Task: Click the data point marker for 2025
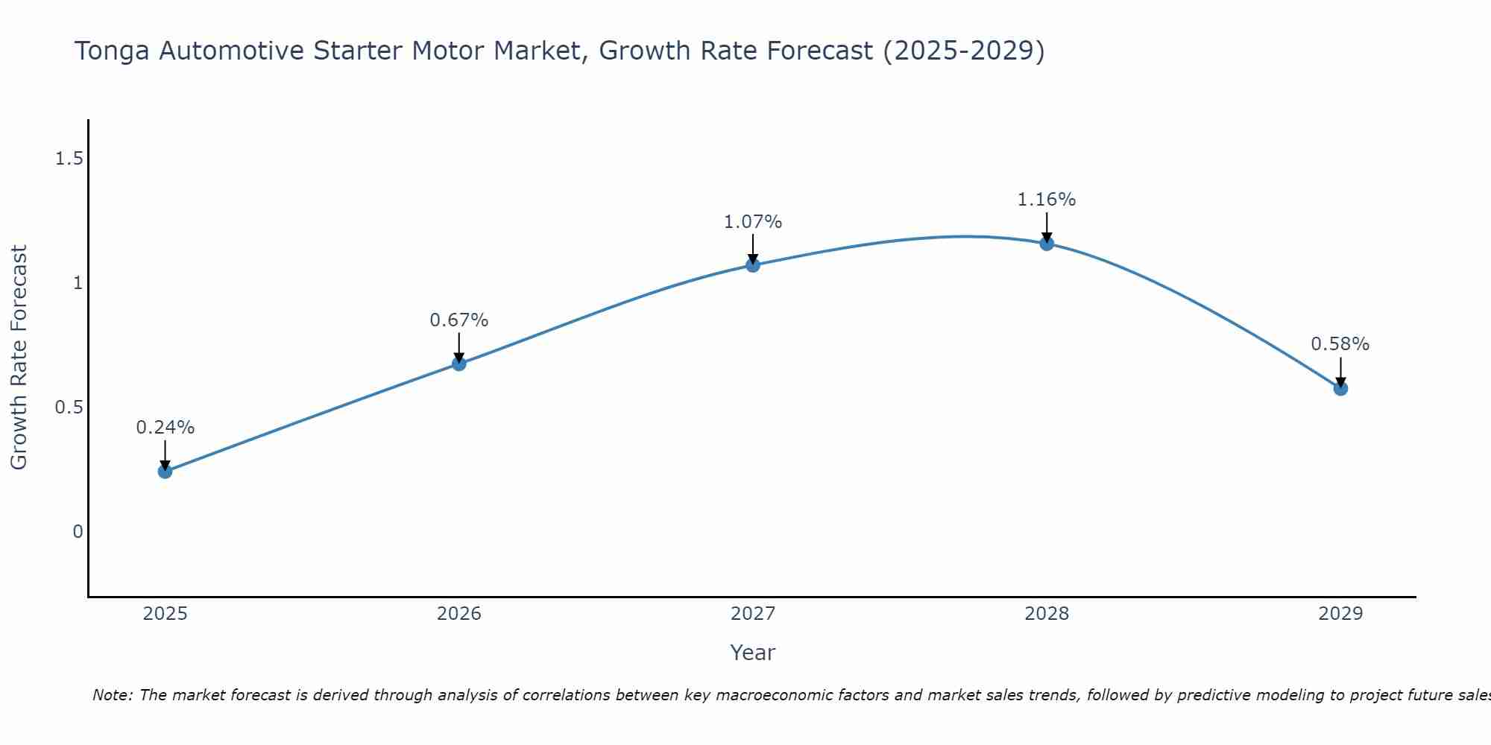pos(165,471)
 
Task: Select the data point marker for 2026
pos(458,364)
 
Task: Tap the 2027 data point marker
pos(752,264)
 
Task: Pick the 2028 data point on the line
pos(1046,243)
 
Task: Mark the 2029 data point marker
pos(1340,388)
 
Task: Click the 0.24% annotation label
pos(165,428)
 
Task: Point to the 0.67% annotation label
pos(458,320)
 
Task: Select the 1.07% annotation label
pos(752,222)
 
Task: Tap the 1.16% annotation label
pos(1046,200)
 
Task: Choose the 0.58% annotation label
pos(1340,344)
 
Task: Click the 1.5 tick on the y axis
pos(69,159)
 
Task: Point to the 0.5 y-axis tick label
pos(69,408)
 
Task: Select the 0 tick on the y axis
pos(78,532)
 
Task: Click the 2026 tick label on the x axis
pos(458,614)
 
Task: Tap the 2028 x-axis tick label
pos(1046,614)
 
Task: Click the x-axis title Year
pos(752,653)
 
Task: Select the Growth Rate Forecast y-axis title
pos(19,358)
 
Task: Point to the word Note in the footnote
pos(111,695)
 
